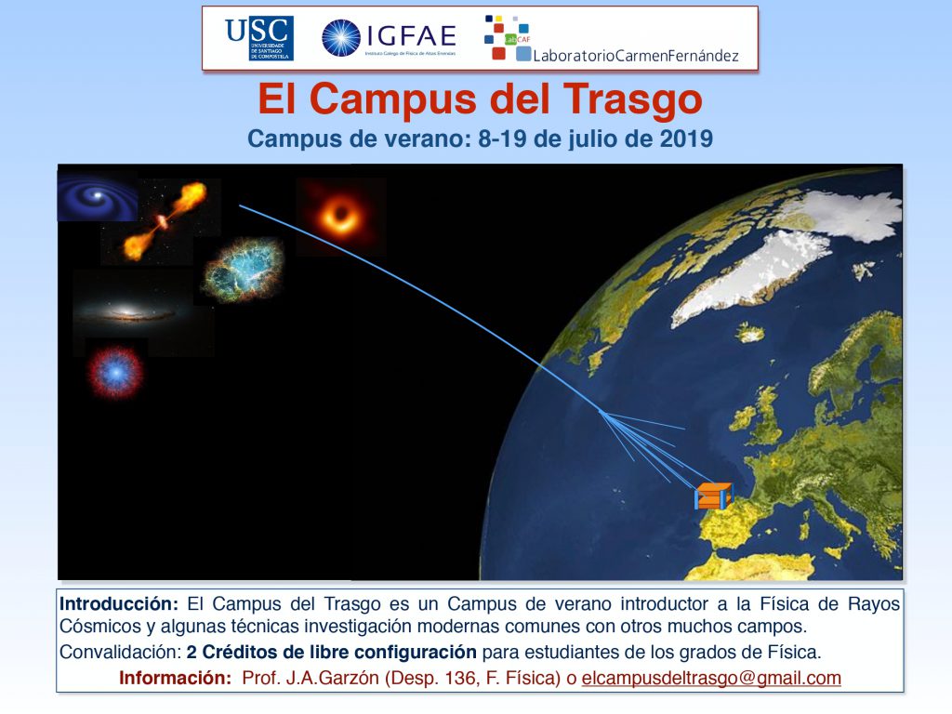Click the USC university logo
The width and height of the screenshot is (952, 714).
click(x=259, y=37)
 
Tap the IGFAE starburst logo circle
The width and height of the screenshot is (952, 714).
click(x=340, y=37)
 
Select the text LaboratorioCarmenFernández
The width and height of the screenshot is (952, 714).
click(x=636, y=56)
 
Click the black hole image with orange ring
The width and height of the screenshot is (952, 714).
click(x=341, y=216)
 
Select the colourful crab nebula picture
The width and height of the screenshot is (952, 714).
click(x=244, y=271)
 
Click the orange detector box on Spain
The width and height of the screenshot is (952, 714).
click(x=713, y=496)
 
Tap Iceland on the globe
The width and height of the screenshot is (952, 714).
click(x=751, y=333)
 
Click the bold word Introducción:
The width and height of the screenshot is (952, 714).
click(x=119, y=604)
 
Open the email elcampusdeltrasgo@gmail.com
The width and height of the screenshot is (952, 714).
click(x=711, y=678)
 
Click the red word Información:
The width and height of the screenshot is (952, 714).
click(x=176, y=678)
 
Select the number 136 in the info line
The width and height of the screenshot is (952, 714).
click(x=461, y=678)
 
